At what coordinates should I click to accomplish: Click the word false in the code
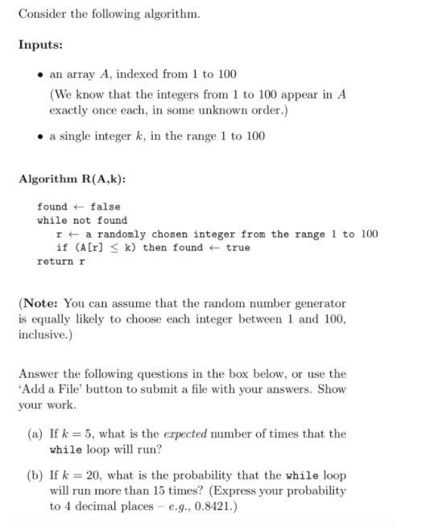105,207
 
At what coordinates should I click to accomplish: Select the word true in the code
238,248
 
